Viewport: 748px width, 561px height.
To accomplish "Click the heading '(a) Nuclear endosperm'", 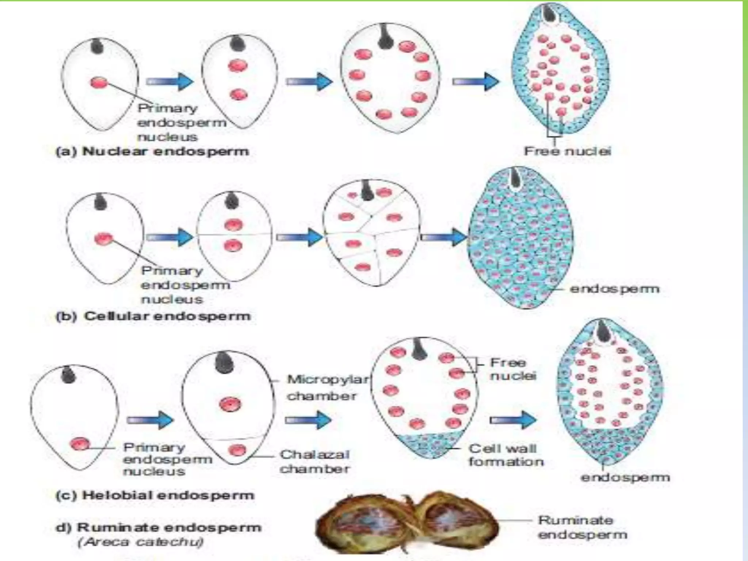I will click(x=152, y=151).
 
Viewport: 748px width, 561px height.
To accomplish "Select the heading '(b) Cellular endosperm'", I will click(x=153, y=316).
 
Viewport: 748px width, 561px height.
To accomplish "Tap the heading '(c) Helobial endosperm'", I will click(x=155, y=496).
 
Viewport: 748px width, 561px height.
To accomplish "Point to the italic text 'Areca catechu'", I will click(x=141, y=542).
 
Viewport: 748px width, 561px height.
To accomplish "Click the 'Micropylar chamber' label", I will click(x=327, y=388).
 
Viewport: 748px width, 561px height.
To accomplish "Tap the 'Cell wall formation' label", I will click(x=506, y=455).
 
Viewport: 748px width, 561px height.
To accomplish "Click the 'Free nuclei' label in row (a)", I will click(x=567, y=151).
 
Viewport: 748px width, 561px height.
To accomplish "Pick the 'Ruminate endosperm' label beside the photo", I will click(x=582, y=527).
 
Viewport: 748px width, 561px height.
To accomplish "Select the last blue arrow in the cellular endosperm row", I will click(x=443, y=237).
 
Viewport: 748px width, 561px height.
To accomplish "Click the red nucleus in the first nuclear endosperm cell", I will click(x=99, y=83).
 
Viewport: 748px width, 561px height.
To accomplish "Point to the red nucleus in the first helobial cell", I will click(x=80, y=444).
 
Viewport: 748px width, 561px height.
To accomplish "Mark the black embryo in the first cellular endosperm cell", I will click(x=100, y=202).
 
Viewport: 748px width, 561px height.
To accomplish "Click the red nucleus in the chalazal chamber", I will click(x=238, y=450).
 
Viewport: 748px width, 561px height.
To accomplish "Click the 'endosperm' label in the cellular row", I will click(x=614, y=289).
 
